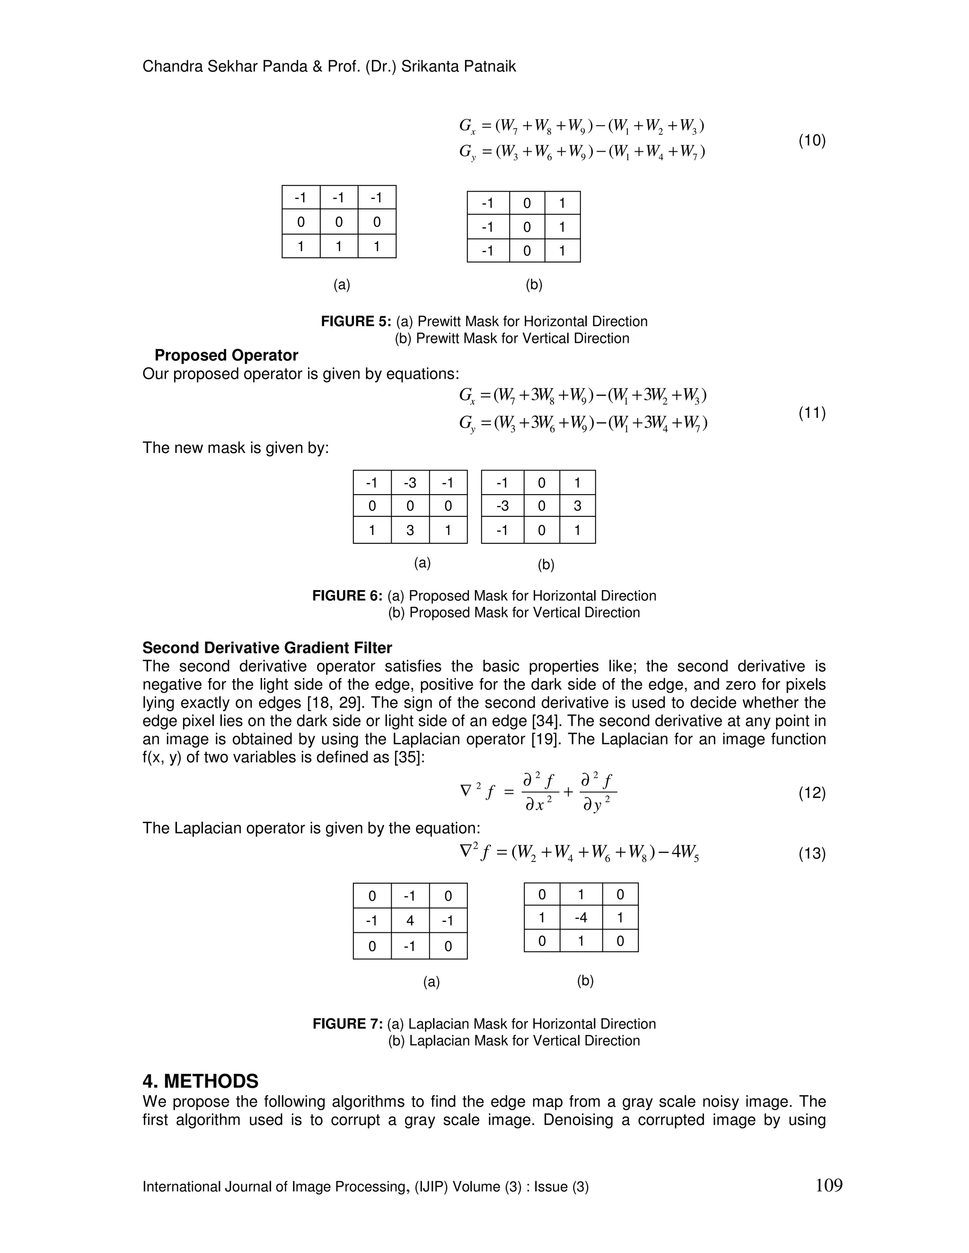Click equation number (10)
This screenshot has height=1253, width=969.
[812, 140]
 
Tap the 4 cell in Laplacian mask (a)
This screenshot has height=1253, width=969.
[409, 921]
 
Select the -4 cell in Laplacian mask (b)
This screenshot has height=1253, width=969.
[581, 917]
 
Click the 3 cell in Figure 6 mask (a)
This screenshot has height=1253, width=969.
[409, 530]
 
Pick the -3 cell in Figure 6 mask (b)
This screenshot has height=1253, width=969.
[502, 506]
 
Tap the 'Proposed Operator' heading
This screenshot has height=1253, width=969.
[226, 355]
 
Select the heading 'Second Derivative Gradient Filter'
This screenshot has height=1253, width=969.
[267, 648]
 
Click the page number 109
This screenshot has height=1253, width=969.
[828, 1186]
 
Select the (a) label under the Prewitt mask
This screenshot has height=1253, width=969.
[342, 285]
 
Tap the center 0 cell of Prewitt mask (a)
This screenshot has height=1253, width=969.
[339, 222]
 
